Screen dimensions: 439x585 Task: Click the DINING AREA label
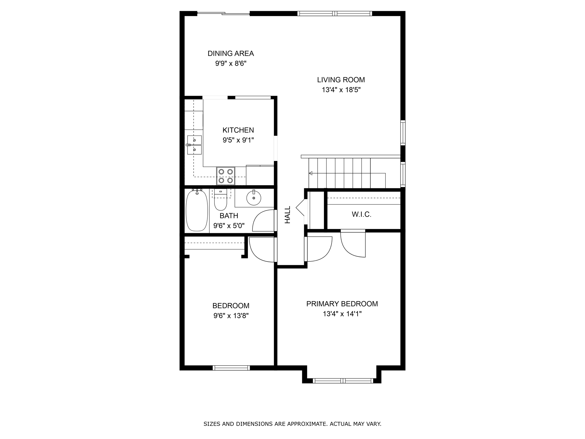point(231,53)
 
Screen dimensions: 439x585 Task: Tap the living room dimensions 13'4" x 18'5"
point(341,90)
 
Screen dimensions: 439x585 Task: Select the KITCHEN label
point(238,130)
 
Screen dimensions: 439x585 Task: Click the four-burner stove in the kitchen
point(225,176)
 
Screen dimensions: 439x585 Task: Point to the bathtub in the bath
point(197,210)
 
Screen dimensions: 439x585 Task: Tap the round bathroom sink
point(254,197)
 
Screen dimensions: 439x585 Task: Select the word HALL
point(287,215)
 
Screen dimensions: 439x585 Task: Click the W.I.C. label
point(361,214)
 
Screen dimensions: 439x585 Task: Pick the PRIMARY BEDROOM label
point(342,304)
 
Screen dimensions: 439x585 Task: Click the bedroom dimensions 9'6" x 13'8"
point(231,316)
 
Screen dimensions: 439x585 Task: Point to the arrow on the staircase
point(311,173)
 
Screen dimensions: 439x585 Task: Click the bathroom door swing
point(263,221)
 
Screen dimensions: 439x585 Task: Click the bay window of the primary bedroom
point(343,380)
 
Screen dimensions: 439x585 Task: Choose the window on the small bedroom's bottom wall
point(231,368)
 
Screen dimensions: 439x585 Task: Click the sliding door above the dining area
point(223,13)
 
